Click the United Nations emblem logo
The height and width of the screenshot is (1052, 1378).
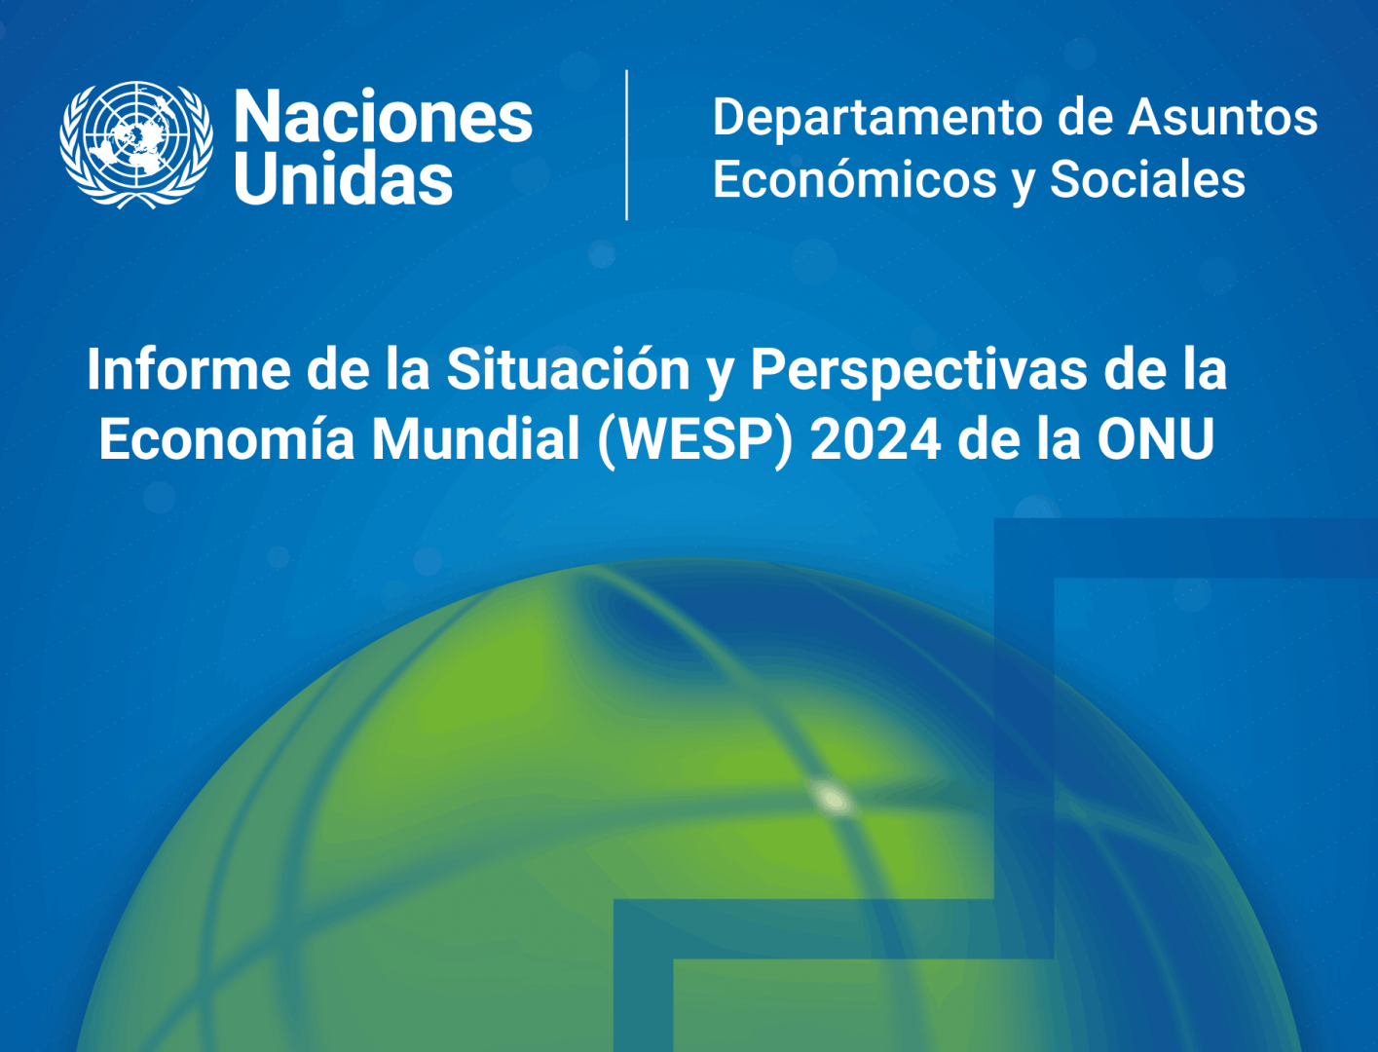[x=136, y=144]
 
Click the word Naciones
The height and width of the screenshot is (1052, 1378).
[x=384, y=116]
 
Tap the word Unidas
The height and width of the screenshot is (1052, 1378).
[x=344, y=177]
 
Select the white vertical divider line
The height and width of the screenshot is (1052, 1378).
[x=626, y=145]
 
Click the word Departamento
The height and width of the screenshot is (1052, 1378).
[x=878, y=118]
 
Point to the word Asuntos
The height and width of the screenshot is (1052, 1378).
[x=1222, y=117]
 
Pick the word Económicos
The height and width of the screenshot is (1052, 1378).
[x=854, y=179]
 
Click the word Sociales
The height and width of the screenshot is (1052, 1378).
[x=1147, y=179]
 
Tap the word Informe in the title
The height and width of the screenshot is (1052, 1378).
[x=189, y=370]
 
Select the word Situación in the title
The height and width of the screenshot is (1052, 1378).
[x=569, y=369]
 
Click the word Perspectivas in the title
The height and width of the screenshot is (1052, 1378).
[x=919, y=371]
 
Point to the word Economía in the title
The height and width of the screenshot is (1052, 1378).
[x=227, y=438]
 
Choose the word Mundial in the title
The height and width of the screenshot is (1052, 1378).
[x=475, y=438]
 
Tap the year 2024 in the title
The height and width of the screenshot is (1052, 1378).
[x=875, y=438]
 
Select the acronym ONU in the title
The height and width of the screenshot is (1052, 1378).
[x=1156, y=438]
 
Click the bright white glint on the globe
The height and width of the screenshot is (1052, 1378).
[x=832, y=799]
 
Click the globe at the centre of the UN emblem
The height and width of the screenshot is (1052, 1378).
[x=136, y=139]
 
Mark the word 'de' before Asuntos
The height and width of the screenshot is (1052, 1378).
[x=1085, y=118]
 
